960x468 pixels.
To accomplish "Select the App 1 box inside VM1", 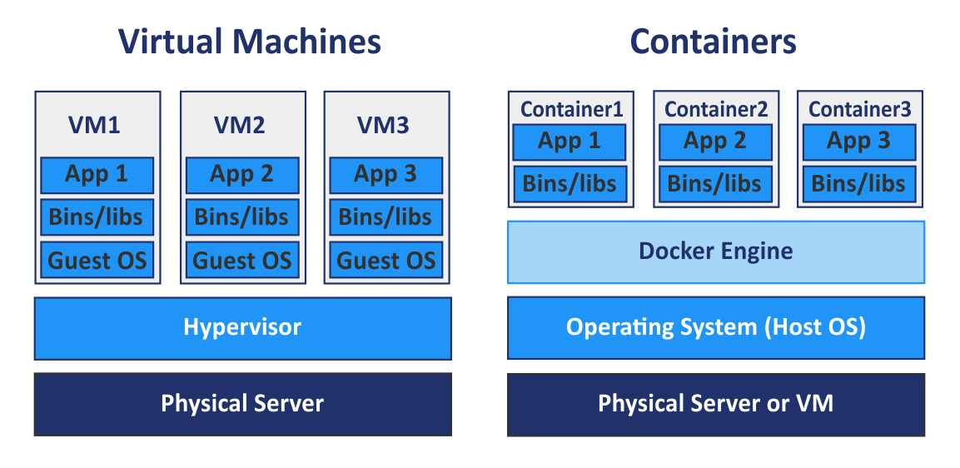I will [x=97, y=175].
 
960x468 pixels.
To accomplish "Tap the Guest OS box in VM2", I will [x=242, y=260].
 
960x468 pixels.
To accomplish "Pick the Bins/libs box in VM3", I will [x=386, y=217].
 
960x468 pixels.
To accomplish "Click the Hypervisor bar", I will [x=242, y=328].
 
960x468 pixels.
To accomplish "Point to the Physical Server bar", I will [x=242, y=405].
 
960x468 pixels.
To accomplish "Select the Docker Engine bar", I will [x=716, y=251].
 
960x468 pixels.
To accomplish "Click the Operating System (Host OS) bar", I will [x=716, y=328].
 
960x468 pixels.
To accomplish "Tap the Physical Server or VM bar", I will [x=716, y=405].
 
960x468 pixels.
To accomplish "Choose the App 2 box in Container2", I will [x=716, y=142].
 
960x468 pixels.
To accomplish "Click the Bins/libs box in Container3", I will [x=859, y=184].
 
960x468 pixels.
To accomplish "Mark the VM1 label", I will [x=94, y=126].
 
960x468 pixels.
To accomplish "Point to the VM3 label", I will [x=384, y=126].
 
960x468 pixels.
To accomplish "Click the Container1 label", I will [x=571, y=109].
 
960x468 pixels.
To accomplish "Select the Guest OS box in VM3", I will [x=386, y=260].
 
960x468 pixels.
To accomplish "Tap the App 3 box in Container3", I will [x=859, y=142].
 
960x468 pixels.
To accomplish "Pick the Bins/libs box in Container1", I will [x=570, y=184].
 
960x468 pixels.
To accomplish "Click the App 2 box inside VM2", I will [x=242, y=175].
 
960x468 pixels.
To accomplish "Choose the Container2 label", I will [x=716, y=109].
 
